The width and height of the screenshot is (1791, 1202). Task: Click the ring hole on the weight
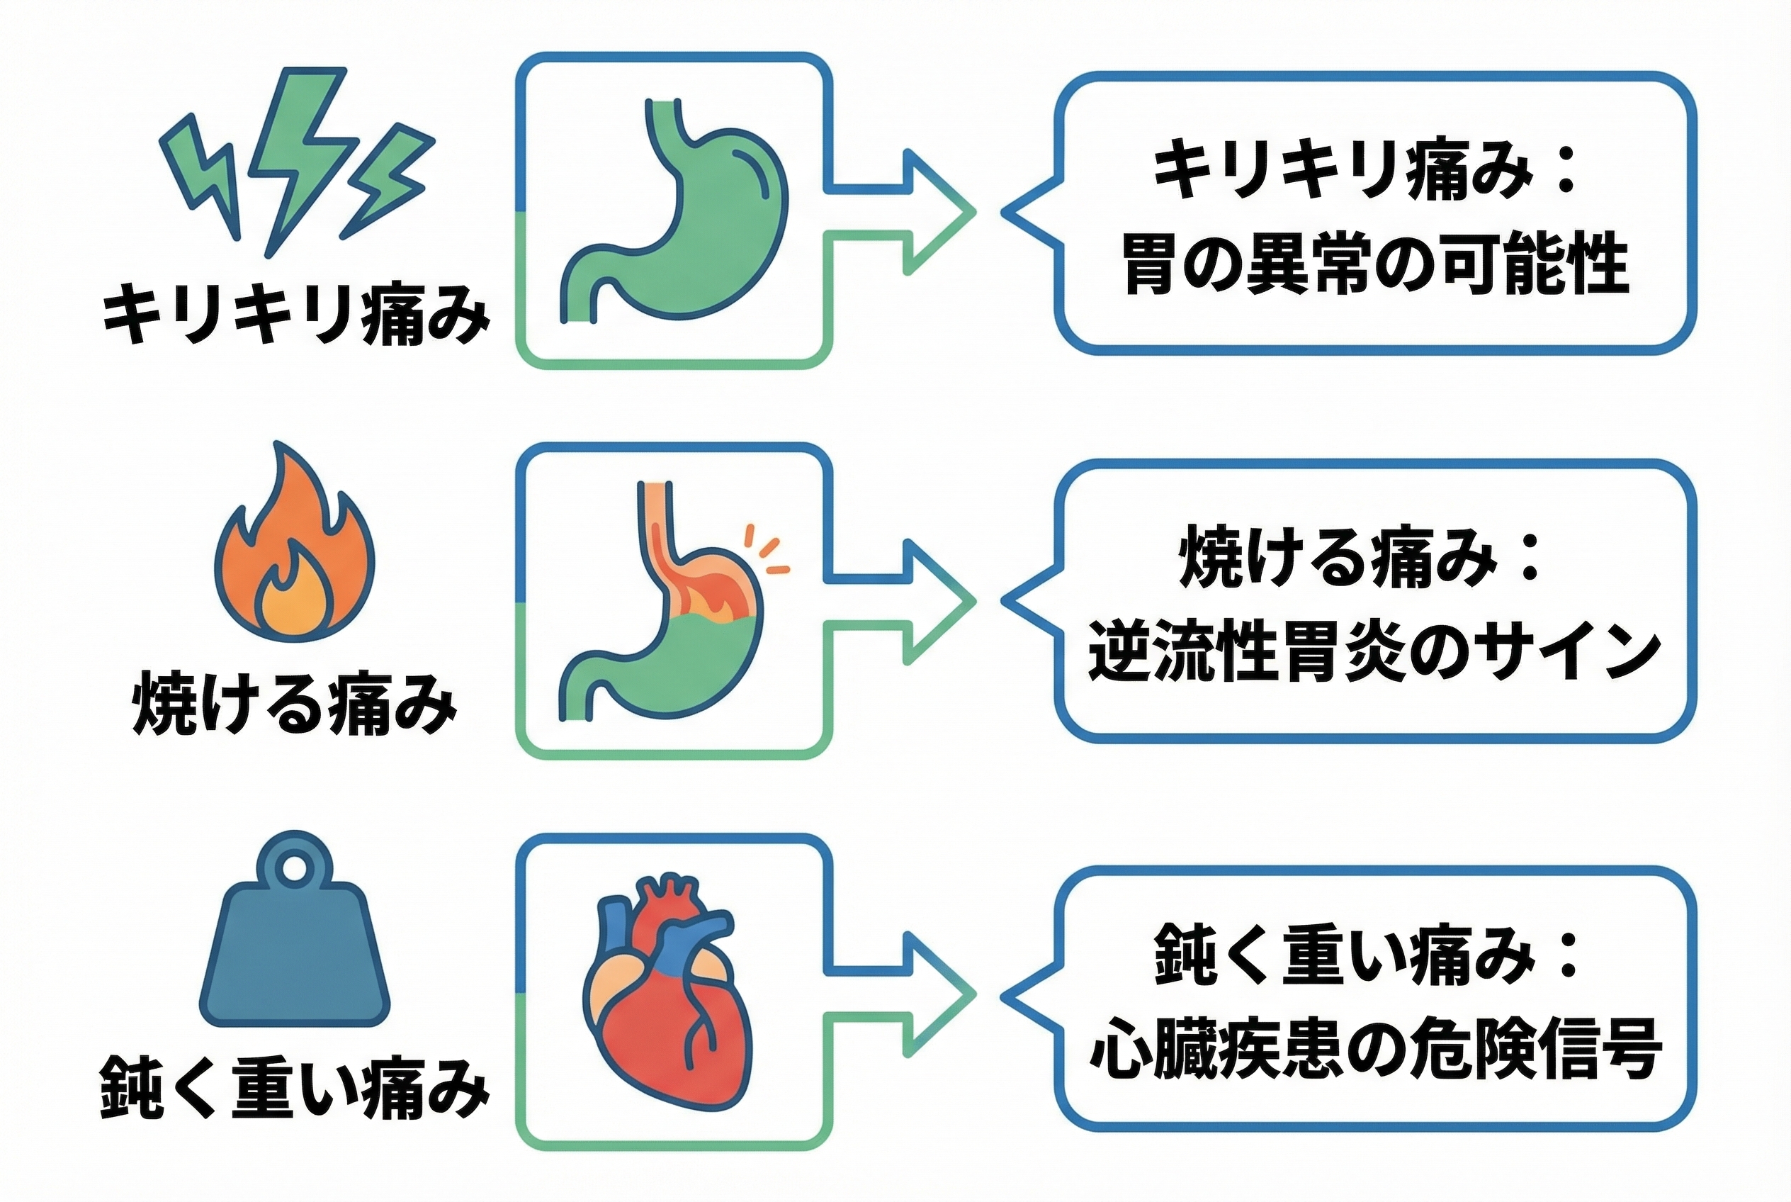click(294, 867)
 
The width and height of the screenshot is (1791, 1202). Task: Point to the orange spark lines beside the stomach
click(767, 551)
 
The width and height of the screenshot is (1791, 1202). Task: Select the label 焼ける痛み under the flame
click(295, 704)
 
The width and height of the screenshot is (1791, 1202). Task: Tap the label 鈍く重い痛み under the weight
click(295, 1089)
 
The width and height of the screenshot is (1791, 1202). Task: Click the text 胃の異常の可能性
click(1375, 264)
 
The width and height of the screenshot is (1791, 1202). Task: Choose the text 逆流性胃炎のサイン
click(1375, 651)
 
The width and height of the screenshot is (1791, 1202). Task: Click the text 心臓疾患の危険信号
click(1375, 1049)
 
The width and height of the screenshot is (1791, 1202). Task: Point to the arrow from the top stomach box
click(912, 212)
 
